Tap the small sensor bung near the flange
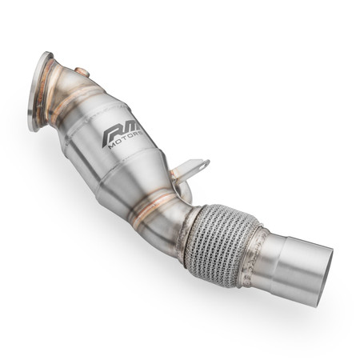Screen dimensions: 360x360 tap(82, 73)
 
